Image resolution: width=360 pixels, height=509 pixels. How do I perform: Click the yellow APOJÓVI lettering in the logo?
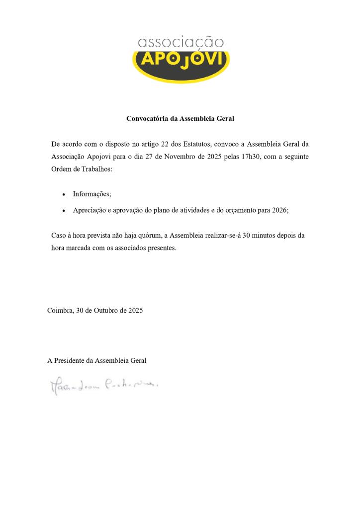[181, 60]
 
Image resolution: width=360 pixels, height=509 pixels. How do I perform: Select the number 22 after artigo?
[166, 144]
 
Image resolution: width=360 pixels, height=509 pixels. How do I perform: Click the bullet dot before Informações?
[64, 195]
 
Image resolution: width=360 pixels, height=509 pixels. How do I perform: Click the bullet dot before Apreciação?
[64, 211]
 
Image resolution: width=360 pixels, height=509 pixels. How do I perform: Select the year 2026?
[279, 210]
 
